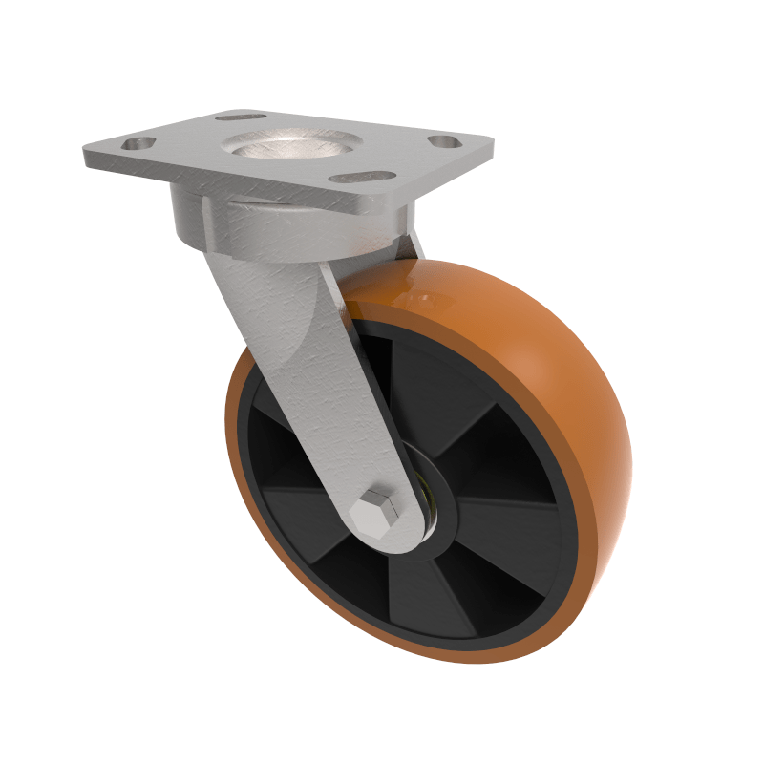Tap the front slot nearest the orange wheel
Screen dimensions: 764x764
pos(361,177)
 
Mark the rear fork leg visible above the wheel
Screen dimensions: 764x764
pos(413,244)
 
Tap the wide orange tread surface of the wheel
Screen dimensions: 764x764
pos(535,363)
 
